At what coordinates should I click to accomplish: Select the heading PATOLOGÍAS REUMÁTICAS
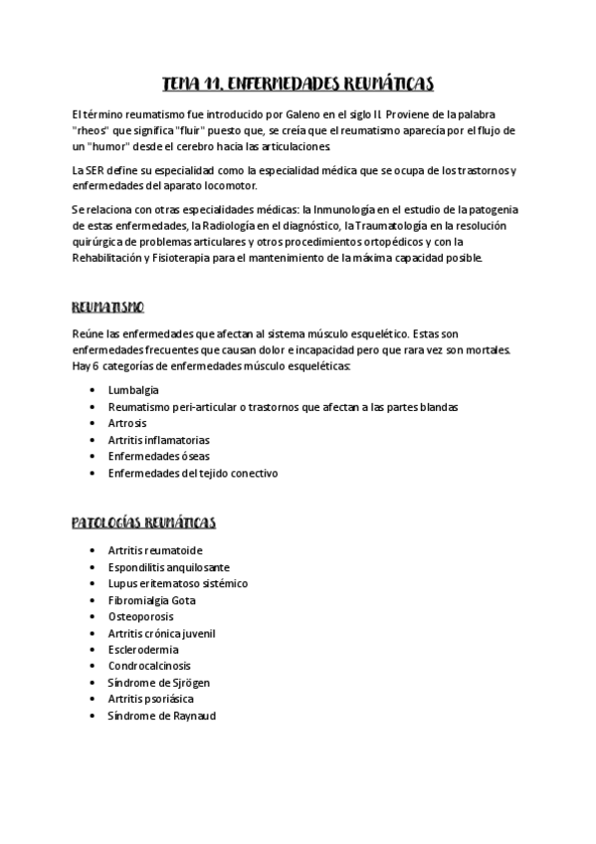coord(144,523)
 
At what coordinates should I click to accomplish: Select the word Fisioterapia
coord(191,258)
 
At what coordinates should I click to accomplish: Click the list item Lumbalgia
coord(133,390)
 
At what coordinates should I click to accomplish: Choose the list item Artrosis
coord(127,423)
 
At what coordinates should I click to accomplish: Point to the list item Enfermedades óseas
coord(158,456)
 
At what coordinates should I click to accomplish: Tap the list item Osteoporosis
coord(140,616)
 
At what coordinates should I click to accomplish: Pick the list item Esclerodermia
coord(143,649)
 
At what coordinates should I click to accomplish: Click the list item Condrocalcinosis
coord(149,666)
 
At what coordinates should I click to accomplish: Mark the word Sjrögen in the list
coord(187,683)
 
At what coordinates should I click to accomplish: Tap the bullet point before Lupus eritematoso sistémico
coord(93,583)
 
